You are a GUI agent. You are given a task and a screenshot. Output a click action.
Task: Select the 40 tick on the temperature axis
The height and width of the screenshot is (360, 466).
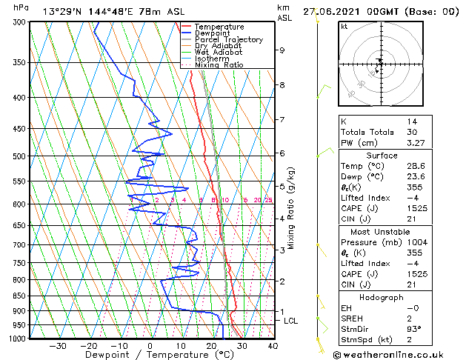point(273,345)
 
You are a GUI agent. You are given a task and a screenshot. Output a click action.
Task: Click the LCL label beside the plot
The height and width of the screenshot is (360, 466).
point(290,321)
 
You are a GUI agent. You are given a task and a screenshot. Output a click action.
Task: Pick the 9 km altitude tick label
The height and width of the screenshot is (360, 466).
point(282,50)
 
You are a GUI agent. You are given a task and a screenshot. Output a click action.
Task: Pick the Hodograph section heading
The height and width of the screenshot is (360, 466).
point(382,297)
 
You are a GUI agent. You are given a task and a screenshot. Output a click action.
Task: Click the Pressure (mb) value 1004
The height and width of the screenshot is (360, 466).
point(416,242)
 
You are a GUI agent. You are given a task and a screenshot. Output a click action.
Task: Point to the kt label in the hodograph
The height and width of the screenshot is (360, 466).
point(344,27)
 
